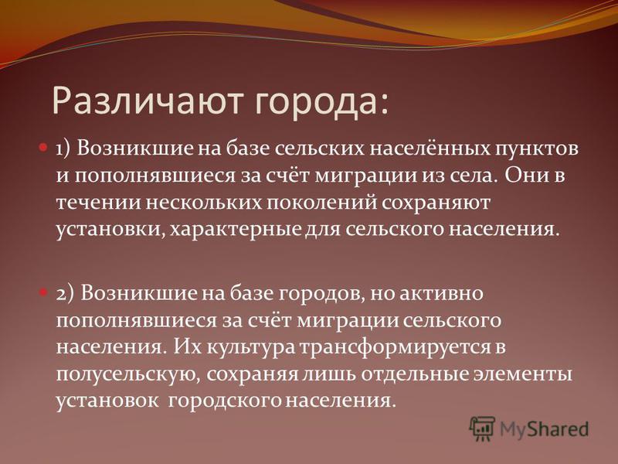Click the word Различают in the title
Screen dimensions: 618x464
pos(147,101)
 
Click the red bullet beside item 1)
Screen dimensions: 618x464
pos(43,148)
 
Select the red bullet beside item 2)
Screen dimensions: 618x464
pos(43,293)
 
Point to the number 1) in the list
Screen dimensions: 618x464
pos(63,149)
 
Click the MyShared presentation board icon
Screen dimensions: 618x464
pos(482,428)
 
